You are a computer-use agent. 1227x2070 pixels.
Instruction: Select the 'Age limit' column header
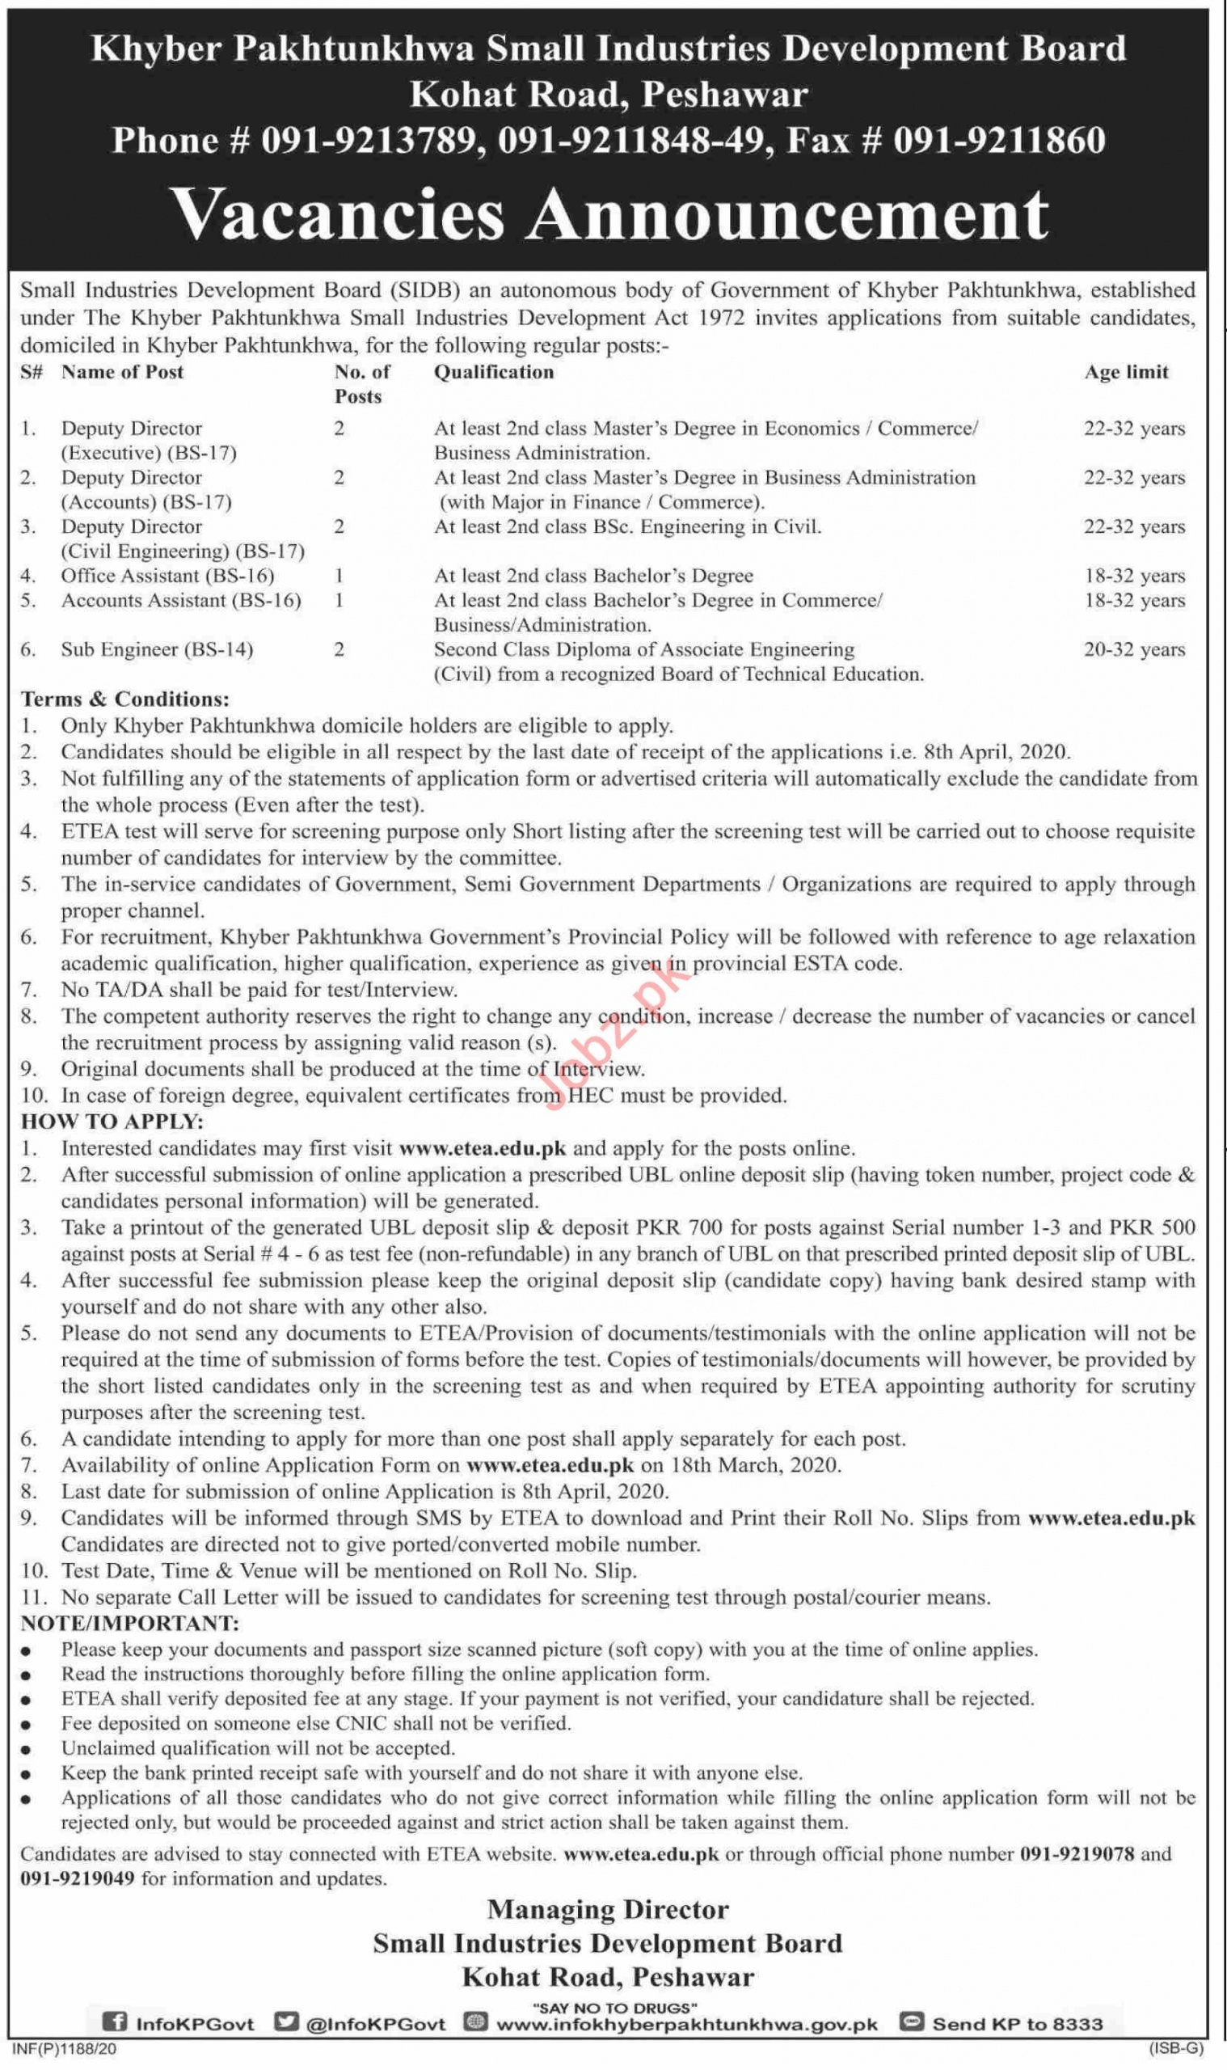1126,372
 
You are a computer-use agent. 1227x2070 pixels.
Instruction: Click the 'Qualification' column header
494,372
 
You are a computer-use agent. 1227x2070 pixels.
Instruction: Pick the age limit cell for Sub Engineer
1133,650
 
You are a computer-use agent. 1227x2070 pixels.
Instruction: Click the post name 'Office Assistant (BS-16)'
167,576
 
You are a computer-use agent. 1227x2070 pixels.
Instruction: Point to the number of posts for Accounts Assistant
339,601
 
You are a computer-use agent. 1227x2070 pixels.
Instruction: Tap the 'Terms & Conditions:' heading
124,699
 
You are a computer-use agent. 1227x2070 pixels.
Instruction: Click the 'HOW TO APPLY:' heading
112,1122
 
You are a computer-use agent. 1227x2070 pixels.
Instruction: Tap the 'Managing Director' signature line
608,1910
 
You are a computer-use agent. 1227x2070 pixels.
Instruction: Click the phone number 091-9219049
77,1878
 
